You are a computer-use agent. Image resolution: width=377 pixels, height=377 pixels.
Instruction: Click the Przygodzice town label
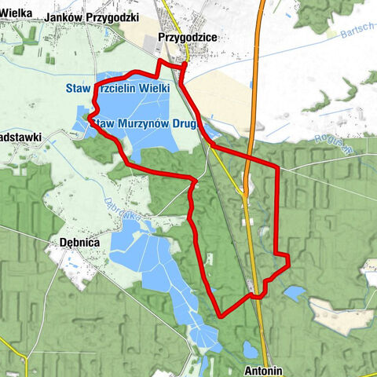pyautogui.click(x=186, y=37)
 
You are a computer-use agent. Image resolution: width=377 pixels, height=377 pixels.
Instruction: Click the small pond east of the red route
pyautogui.click(x=295, y=293)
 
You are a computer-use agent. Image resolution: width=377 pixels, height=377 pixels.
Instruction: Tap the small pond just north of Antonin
pyautogui.click(x=250, y=349)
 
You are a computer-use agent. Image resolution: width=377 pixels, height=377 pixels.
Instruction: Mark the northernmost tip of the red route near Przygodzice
pyautogui.click(x=160, y=61)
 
